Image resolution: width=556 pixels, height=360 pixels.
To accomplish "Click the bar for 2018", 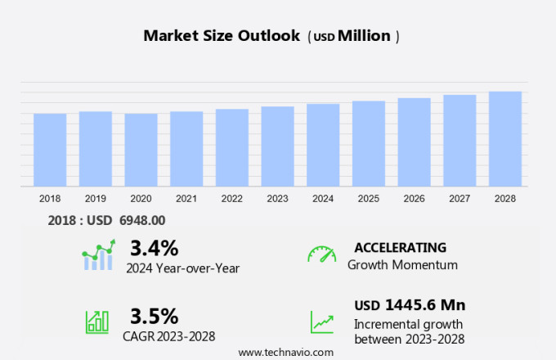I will pos(50,150).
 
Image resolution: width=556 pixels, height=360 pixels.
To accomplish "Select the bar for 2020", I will pos(141,150).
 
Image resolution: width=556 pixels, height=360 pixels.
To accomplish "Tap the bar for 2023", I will pos(277,146).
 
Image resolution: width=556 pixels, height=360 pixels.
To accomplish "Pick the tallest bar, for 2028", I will pos(505,139).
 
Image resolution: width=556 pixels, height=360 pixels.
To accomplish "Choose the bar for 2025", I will pos(369,144).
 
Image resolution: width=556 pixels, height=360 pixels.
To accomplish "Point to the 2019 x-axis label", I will pos(95,198).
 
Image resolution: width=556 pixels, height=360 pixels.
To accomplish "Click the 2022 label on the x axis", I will pos(231,198).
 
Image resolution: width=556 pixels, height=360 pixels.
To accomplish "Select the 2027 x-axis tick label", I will pos(460,198).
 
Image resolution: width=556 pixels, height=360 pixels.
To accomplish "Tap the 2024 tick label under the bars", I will pos(323,198).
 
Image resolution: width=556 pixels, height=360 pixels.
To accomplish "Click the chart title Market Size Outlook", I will pos(221,36).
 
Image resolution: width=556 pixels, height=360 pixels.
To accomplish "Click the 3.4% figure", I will pos(154,248).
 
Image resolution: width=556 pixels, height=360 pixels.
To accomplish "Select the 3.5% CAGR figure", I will pos(154,316).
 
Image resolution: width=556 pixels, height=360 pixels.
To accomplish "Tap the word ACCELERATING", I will pos(400,248).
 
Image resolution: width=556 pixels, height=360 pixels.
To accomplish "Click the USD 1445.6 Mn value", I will pos(410,305).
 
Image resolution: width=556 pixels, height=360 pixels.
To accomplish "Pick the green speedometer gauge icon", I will pos(321,254).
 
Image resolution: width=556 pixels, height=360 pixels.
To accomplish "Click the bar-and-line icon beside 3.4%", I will pos(98,255).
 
